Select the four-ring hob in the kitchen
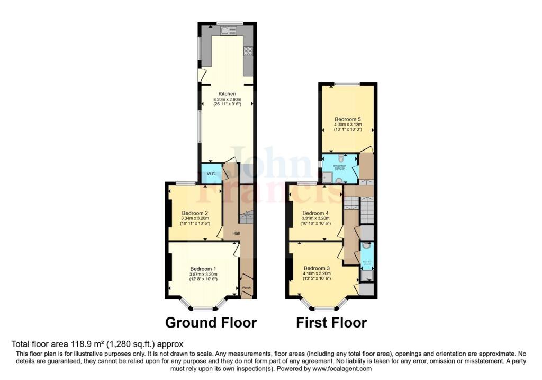248,51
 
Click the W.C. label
210,174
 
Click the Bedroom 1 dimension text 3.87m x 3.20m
204,273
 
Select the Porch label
246,288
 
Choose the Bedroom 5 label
348,119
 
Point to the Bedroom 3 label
317,268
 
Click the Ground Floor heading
211,322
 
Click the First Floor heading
331,322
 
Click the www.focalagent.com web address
342,368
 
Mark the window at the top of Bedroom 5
347,83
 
